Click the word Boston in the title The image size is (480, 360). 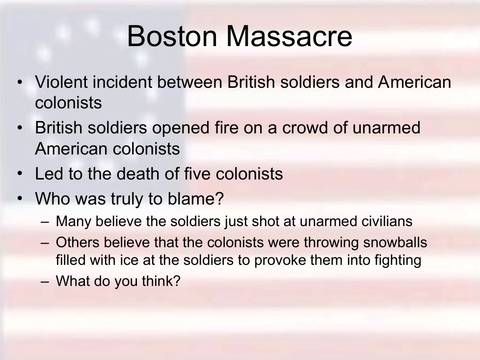tap(172, 36)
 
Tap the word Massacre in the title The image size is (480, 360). tap(289, 36)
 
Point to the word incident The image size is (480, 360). tap(122, 82)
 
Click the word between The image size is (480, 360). tap(189, 82)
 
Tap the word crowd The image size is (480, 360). tap(305, 128)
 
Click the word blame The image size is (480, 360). tap(192, 199)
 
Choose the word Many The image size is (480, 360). tap(74, 222)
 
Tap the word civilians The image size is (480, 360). tap(387, 221)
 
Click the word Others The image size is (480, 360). tap(78, 242)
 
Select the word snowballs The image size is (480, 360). tap(395, 242)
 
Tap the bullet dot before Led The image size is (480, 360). tap(20, 174)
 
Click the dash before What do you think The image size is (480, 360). tap(45, 282)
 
